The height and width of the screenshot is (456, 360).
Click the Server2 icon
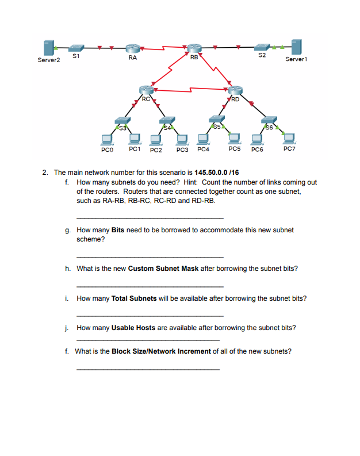pos(49,48)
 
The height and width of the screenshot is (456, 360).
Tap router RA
pos(133,48)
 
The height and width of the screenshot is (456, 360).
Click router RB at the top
pos(194,48)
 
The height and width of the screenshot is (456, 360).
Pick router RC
pos(147,89)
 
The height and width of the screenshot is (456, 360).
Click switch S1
pos(77,47)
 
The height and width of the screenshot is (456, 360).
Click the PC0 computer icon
pos(106,139)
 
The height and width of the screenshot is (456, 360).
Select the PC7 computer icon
pos(289,138)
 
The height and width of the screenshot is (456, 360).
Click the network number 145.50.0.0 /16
pos(217,172)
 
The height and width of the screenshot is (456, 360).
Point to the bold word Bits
pos(118,230)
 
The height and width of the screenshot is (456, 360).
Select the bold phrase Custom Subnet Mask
pos(163,269)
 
